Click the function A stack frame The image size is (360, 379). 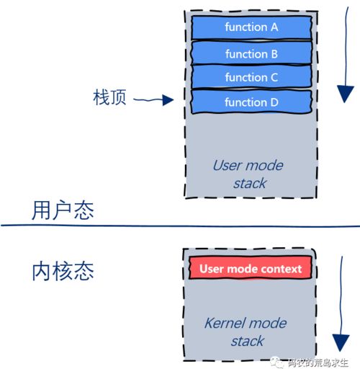pos(251,27)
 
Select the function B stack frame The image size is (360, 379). pos(251,53)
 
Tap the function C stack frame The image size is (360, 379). pos(251,77)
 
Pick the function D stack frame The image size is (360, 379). pos(251,102)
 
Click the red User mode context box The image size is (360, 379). pos(251,269)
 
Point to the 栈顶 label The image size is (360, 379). pos(109,98)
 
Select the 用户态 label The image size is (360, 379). pos(63,210)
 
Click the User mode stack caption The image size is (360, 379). pos(248,174)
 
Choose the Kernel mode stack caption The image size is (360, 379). pos(247,331)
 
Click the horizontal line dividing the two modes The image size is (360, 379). pos(180,226)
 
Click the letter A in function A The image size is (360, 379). pos(274,27)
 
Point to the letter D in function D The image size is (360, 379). pos(274,102)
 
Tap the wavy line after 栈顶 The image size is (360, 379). pos(148,101)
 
